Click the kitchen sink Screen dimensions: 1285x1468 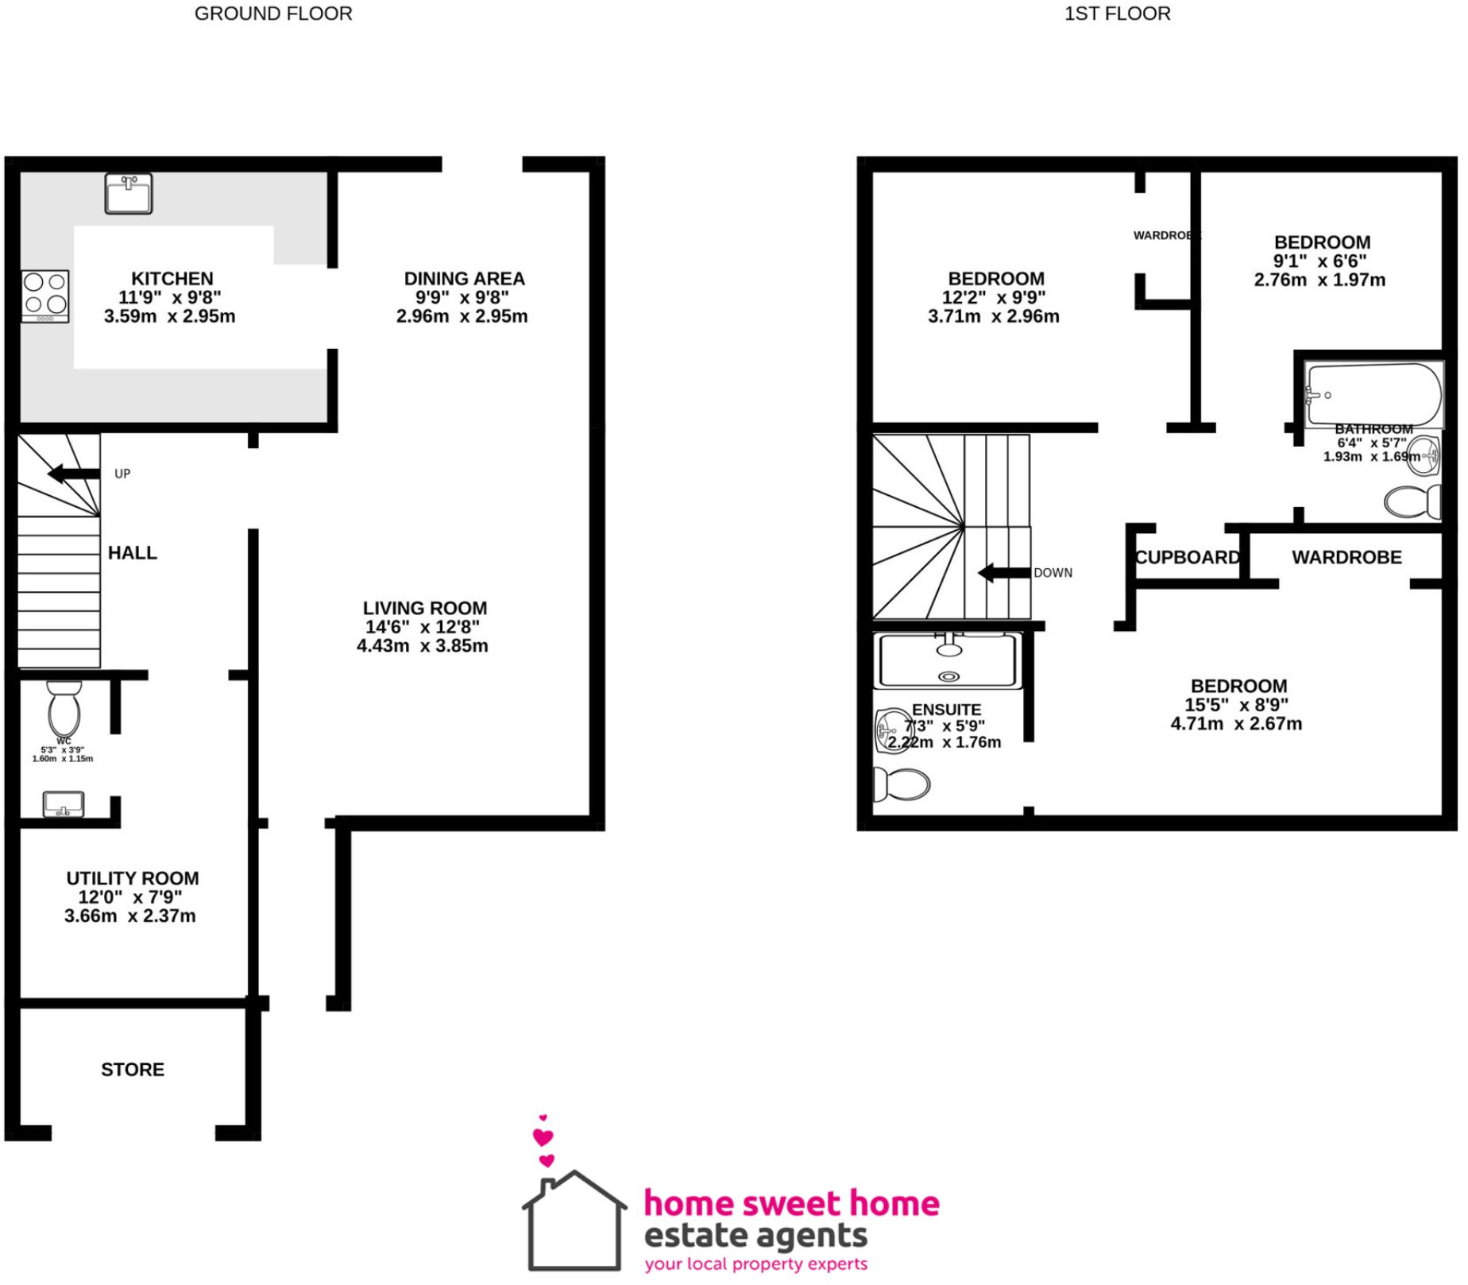coord(129,193)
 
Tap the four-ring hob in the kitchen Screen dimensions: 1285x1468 coord(45,296)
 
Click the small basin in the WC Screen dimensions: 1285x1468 coord(64,804)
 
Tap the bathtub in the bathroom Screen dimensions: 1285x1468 coord(1373,395)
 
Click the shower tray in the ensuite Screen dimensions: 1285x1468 coord(947,660)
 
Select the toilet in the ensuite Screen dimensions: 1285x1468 coord(902,785)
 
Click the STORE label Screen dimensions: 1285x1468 coord(133,1070)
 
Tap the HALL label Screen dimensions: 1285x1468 coord(133,553)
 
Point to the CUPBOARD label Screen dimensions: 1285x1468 coord(1187,558)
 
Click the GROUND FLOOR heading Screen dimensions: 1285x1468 coord(273,14)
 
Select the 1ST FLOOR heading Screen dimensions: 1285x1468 coord(1117,14)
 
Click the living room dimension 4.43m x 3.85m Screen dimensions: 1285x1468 coord(423,646)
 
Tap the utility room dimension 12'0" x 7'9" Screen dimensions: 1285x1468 coord(130,897)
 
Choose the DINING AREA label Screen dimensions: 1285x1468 coord(464,279)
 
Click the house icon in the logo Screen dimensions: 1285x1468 coord(574,1221)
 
